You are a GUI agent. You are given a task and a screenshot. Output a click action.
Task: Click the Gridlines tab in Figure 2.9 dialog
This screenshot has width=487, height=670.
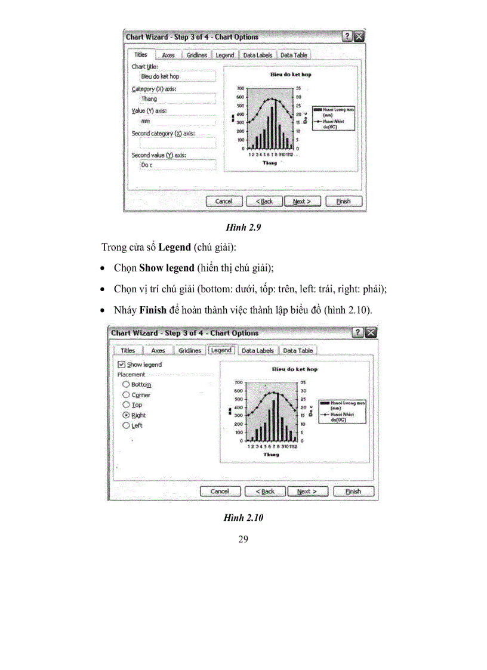click(x=196, y=55)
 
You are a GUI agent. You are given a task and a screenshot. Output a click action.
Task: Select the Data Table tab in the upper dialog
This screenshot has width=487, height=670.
click(x=294, y=55)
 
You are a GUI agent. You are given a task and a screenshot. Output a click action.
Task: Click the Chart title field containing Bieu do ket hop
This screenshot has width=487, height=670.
click(x=177, y=76)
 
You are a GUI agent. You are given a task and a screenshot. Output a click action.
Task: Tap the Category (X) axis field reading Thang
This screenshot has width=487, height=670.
click(x=177, y=98)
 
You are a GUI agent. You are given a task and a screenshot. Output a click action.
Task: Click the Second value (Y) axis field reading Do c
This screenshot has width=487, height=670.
click(x=177, y=165)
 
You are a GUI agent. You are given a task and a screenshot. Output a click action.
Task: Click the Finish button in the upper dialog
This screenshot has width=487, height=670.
click(x=343, y=201)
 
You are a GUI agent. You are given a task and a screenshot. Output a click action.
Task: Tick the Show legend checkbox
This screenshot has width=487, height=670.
click(x=122, y=365)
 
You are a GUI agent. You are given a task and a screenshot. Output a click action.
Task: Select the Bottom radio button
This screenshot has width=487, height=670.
click(x=126, y=385)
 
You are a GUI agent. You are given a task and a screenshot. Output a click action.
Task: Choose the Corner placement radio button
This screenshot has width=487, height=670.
click(x=126, y=395)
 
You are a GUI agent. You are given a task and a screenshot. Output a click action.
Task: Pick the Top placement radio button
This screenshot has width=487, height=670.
click(x=126, y=405)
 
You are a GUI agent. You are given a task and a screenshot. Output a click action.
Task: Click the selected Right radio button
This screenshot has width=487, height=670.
click(x=126, y=415)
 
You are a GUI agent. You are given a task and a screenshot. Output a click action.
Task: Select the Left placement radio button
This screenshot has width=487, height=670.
click(x=126, y=425)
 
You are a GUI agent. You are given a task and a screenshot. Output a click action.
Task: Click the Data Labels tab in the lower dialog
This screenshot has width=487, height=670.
click(x=257, y=350)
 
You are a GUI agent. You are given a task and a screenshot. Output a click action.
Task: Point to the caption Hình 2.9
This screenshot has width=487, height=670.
click(x=243, y=227)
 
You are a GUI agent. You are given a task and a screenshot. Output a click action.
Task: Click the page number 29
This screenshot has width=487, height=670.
click(x=243, y=540)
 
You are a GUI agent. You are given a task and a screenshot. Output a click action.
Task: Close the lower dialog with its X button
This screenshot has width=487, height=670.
click(x=372, y=333)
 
